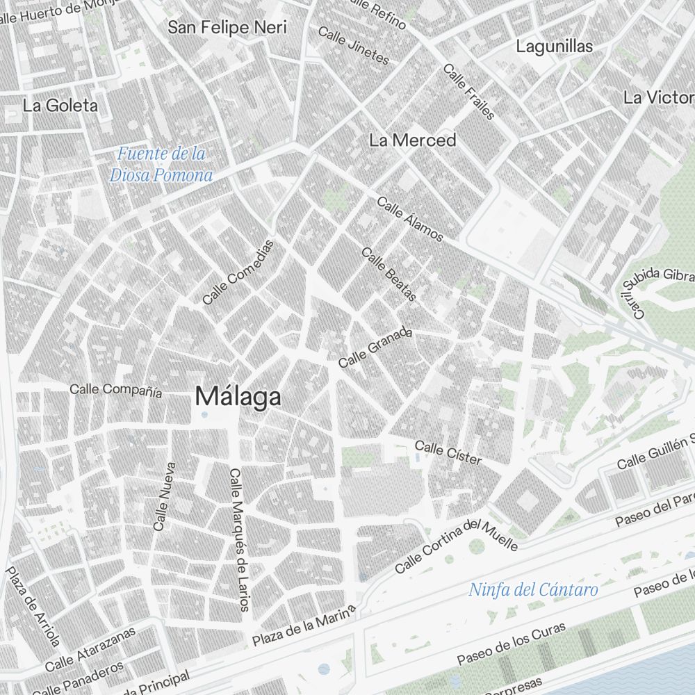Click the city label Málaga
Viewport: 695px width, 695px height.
(x=238, y=396)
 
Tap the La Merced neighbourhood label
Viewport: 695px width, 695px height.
(x=413, y=140)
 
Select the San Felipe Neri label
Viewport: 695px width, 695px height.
(x=228, y=28)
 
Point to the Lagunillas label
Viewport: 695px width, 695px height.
(x=555, y=47)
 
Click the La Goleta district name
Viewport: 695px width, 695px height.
(x=60, y=106)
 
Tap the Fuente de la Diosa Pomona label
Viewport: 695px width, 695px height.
(x=161, y=164)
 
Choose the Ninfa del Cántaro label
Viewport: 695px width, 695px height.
(x=533, y=590)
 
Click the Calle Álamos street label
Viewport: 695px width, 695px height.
(x=410, y=219)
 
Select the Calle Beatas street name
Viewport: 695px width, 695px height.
(x=389, y=275)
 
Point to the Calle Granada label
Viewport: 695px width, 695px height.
(x=375, y=347)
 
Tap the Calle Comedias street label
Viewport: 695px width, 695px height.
(x=238, y=272)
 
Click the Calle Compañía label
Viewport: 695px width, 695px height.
(x=116, y=390)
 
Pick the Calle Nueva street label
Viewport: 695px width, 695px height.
(x=165, y=497)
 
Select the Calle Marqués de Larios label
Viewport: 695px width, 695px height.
(x=238, y=539)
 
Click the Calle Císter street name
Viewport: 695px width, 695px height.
(x=448, y=452)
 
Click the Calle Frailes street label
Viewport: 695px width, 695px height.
(x=469, y=92)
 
